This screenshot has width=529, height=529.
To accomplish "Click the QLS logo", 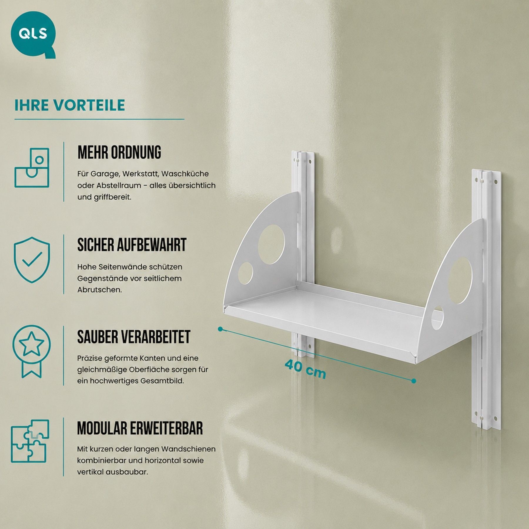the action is pyautogui.click(x=33, y=34).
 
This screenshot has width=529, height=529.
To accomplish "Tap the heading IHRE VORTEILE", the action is pyautogui.click(x=70, y=105).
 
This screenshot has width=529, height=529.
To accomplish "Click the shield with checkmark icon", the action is pyautogui.click(x=32, y=260).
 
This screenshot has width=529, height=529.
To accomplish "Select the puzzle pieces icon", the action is pyautogui.click(x=30, y=441).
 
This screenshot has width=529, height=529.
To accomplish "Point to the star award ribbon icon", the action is pyautogui.click(x=31, y=351).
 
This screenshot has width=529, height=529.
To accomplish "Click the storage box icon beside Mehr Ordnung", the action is pyautogui.click(x=32, y=168).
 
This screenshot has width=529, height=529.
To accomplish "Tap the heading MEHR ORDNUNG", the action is pyautogui.click(x=119, y=152).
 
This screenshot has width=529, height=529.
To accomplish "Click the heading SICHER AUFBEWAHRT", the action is pyautogui.click(x=132, y=245).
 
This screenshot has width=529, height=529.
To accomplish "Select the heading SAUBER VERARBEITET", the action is pyautogui.click(x=134, y=337).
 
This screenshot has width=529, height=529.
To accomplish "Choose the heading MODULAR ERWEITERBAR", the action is pyautogui.click(x=140, y=428).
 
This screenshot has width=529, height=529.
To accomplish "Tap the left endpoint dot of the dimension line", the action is pyautogui.click(x=220, y=329).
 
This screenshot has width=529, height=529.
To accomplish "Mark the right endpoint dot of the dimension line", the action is pyautogui.click(x=414, y=381).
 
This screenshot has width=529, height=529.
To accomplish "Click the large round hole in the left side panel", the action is pyautogui.click(x=271, y=245).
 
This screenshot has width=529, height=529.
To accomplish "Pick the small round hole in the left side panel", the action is pyautogui.click(x=245, y=274).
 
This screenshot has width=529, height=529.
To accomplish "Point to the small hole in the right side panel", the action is pyautogui.click(x=437, y=318).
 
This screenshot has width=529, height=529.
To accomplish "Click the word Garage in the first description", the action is pyautogui.click(x=105, y=174).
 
